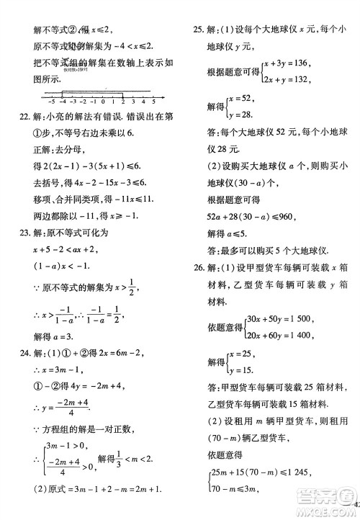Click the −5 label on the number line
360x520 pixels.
pos(51,103)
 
